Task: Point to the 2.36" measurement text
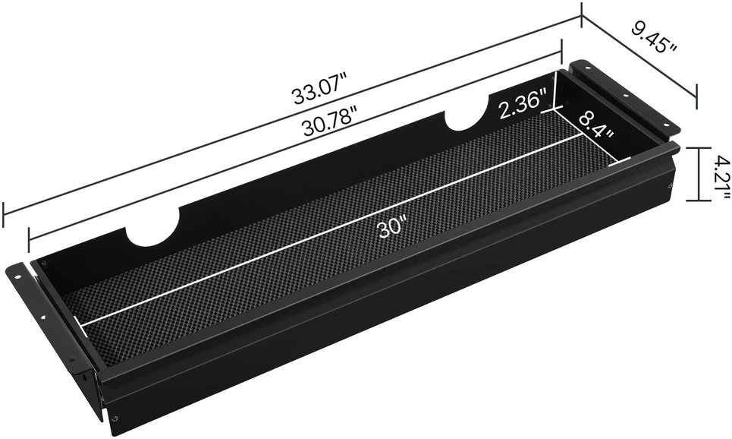coord(523,106)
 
